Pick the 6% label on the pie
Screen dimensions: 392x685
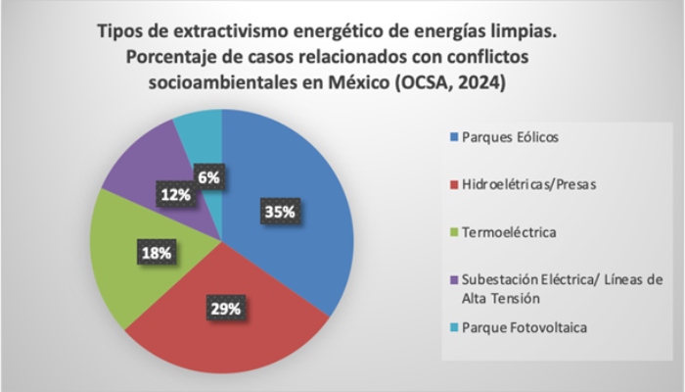[207, 177]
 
